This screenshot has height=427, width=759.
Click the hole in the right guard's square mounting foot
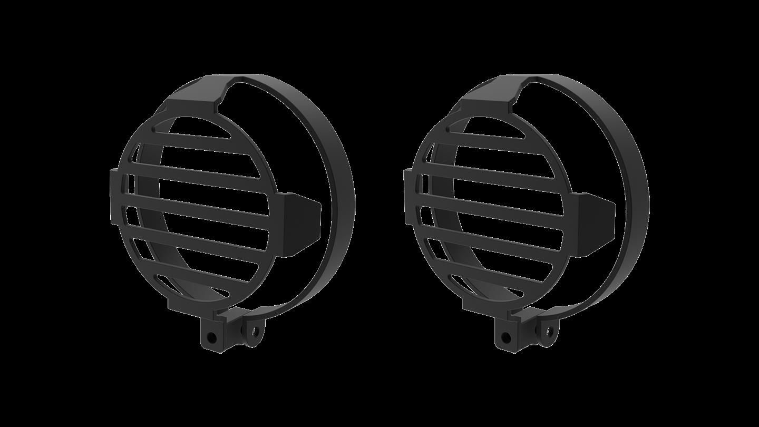(506, 336)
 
